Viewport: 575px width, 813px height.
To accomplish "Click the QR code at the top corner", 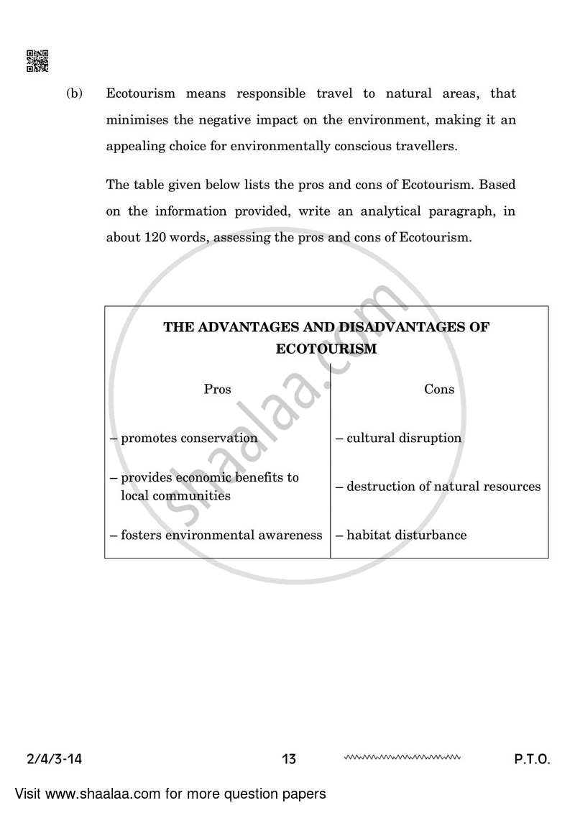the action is click(37, 61).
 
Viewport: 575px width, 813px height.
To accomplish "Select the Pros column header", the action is click(217, 389).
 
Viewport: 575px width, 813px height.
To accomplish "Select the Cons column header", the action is click(439, 389).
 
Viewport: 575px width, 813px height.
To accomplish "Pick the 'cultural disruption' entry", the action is click(399, 438).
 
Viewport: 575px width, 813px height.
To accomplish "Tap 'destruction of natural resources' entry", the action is click(438, 487).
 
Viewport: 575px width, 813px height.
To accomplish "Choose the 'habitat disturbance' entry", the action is click(401, 535).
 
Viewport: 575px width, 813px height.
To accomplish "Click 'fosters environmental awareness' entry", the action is click(216, 535).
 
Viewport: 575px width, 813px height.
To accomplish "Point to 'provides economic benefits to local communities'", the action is click(204, 486).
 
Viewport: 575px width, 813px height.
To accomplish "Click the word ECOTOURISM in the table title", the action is click(326, 349).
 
